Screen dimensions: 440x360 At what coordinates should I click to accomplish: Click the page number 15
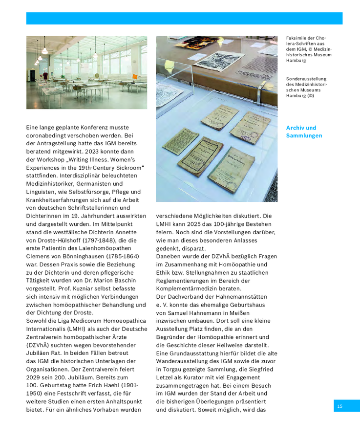click(339, 406)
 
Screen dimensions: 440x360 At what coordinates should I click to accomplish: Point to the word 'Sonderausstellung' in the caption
click(306, 78)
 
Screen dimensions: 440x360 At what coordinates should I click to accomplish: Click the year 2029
click(33, 377)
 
